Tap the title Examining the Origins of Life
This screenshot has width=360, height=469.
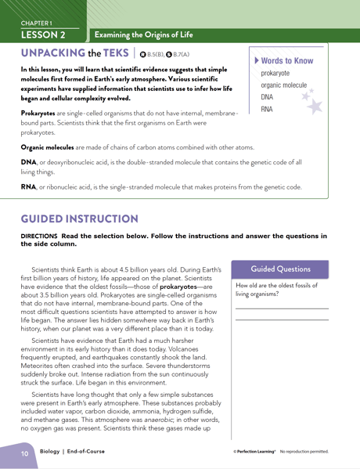tap(143, 34)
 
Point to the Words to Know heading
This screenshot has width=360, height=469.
tap(286, 60)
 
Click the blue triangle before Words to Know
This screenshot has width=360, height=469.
tap(254, 60)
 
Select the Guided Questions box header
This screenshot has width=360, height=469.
tap(281, 269)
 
